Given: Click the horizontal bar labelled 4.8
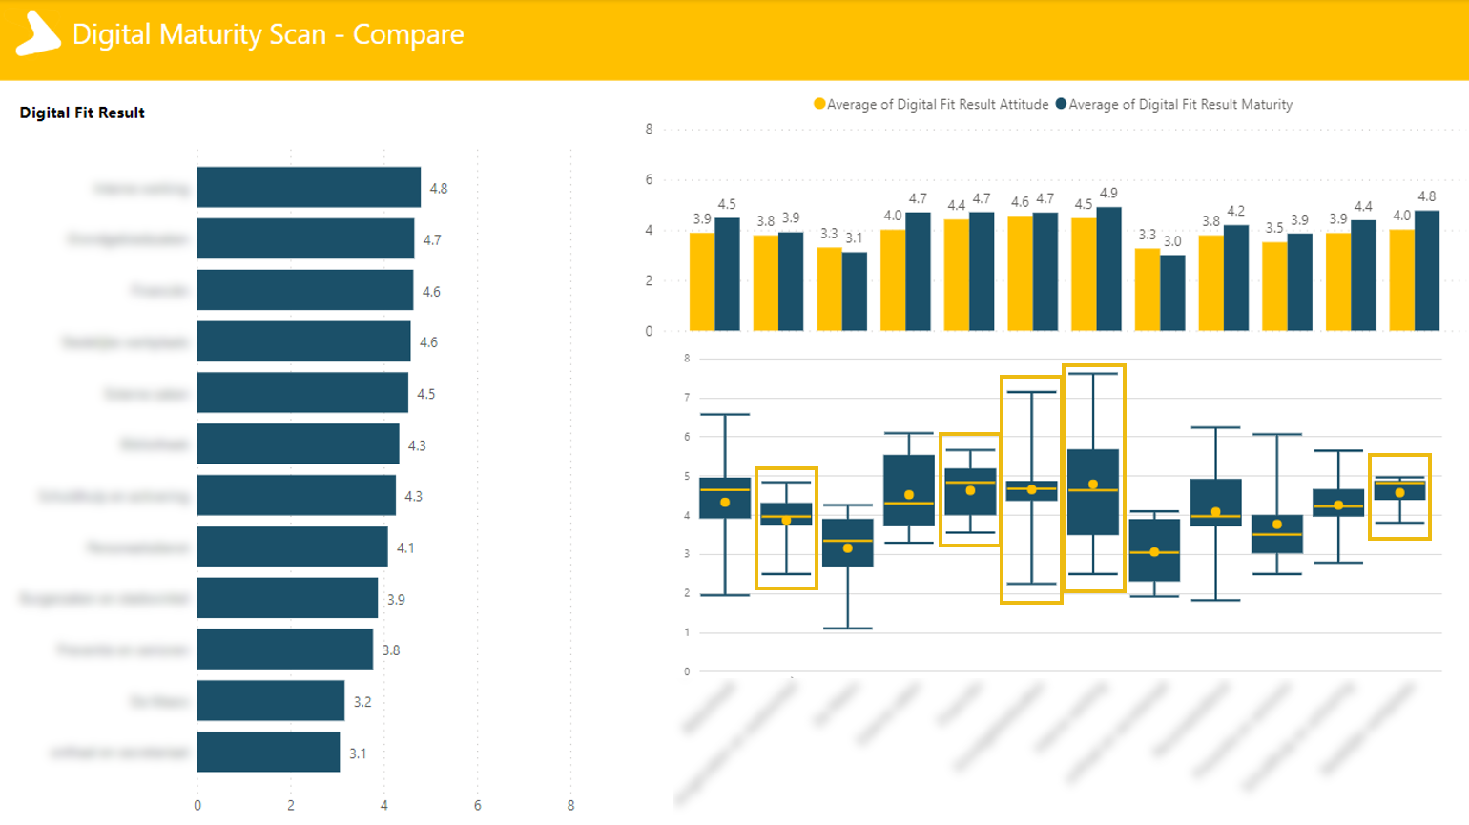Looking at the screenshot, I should [x=308, y=187].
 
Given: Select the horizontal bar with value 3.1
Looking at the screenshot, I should [x=268, y=752].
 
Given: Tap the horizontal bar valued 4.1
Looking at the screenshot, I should [x=292, y=547].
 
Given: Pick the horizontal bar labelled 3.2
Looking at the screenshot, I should [x=270, y=700].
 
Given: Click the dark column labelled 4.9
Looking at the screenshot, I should [x=1108, y=269].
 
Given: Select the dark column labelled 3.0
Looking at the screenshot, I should [x=1172, y=293].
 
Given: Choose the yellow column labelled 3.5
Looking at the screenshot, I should [x=1274, y=286].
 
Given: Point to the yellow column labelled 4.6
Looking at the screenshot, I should [x=1020, y=273].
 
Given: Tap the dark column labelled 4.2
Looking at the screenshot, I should [x=1236, y=278].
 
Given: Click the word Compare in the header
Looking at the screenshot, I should [x=408, y=34].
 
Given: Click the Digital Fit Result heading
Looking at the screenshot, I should [x=82, y=113].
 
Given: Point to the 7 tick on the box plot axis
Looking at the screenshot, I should [x=687, y=397].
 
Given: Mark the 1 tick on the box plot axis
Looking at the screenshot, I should [x=687, y=632].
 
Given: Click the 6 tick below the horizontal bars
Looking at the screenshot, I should [x=478, y=805].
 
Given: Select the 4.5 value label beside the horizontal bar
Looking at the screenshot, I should [x=426, y=394].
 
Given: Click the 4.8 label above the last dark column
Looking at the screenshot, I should [x=1426, y=196].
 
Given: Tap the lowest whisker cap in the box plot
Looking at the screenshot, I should [x=848, y=629].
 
